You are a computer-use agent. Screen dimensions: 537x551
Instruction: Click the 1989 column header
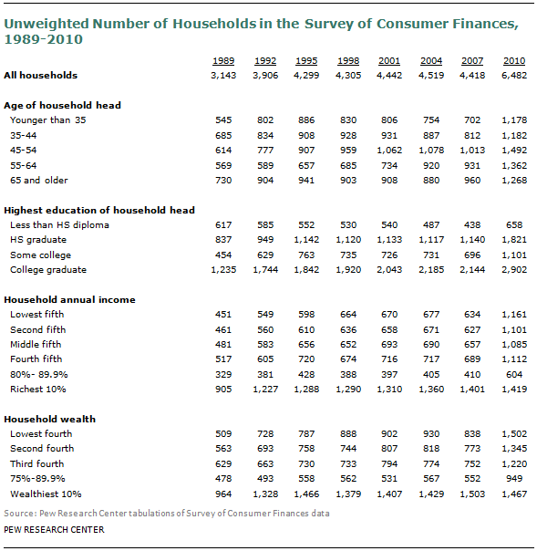tap(223, 61)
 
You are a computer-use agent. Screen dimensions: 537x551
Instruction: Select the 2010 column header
tap(514, 61)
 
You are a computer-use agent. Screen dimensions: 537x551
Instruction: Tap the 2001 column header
tap(389, 61)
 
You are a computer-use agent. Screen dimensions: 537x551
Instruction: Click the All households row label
tap(41, 75)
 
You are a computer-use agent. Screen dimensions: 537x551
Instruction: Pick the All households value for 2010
tap(514, 76)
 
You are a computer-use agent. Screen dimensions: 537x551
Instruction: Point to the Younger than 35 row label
tap(48, 120)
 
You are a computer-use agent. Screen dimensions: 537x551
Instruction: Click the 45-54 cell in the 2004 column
tap(431, 151)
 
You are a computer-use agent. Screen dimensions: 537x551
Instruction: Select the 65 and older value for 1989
tap(223, 181)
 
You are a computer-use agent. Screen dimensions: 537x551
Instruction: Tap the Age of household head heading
tap(63, 106)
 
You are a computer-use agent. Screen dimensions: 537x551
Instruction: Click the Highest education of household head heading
tap(99, 210)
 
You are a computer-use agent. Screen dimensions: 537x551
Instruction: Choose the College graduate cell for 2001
tap(389, 270)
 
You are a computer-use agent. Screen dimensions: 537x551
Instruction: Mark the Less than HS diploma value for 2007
tap(472, 225)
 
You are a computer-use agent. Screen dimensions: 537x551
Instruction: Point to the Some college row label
tap(41, 255)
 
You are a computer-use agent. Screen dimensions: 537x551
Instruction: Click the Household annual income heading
tap(69, 300)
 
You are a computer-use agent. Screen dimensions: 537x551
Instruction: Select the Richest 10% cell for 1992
tap(265, 390)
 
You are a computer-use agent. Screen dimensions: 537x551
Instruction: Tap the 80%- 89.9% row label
tap(39, 375)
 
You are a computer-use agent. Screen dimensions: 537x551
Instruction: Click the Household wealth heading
tap(50, 420)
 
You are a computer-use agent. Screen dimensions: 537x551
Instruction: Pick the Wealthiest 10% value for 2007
tap(472, 494)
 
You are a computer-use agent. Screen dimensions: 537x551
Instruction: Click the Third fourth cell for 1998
tap(348, 464)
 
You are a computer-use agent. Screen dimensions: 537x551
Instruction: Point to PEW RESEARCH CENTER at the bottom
tap(54, 530)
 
